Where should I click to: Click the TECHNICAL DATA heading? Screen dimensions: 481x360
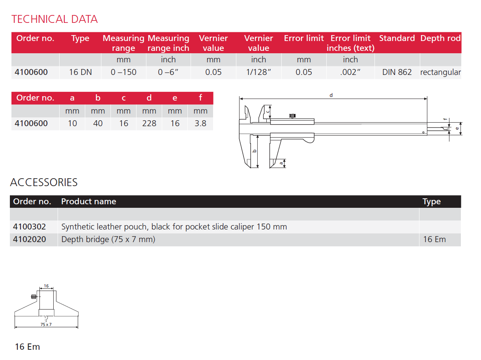tap(54, 19)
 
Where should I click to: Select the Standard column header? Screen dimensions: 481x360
tap(397, 38)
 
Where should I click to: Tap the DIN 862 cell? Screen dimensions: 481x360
tap(397, 72)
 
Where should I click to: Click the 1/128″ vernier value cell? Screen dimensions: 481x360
tap(258, 72)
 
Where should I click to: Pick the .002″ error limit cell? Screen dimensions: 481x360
tap(350, 72)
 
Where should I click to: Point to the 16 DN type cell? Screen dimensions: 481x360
tap(80, 72)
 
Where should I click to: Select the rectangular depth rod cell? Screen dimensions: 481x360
tap(440, 72)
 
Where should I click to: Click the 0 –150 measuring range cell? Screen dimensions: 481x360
tap(124, 72)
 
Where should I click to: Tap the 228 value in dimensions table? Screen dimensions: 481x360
tap(149, 123)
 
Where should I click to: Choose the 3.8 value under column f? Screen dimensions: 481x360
tap(200, 123)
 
